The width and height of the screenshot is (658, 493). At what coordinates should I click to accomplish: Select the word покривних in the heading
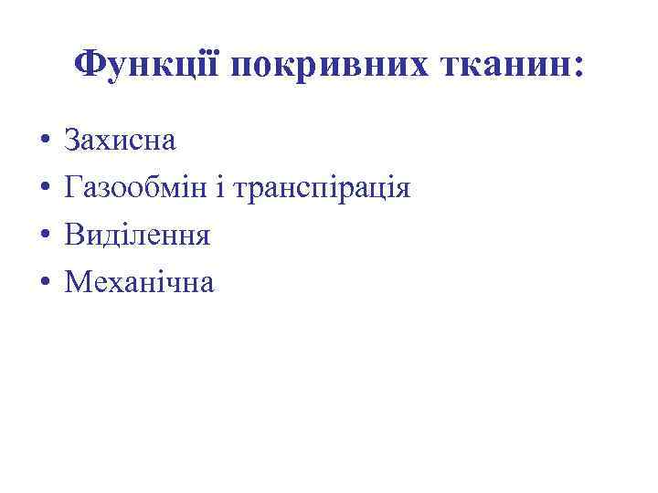tap(323, 66)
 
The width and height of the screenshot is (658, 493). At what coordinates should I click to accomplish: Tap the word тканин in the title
tap(497, 66)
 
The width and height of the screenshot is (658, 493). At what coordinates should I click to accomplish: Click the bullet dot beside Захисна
tap(44, 142)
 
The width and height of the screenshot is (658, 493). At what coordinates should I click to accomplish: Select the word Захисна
tap(121, 142)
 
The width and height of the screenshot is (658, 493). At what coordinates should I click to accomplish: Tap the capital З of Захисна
tap(72, 142)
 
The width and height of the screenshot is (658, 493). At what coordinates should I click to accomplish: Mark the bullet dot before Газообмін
tap(44, 190)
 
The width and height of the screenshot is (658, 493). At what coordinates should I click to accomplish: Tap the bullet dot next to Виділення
tap(44, 237)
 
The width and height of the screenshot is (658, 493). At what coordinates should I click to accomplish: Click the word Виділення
tap(137, 236)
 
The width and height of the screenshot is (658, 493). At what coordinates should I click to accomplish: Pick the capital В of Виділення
tap(74, 236)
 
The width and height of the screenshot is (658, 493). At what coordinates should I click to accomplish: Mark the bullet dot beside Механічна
tap(44, 284)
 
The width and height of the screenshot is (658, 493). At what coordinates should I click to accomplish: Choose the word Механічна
tap(139, 283)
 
